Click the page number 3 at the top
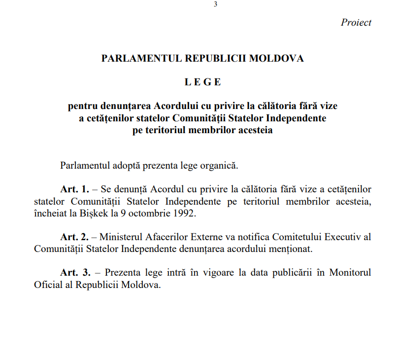click(216, 4)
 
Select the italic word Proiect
click(356, 23)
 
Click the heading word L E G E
click(203, 82)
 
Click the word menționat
click(290, 249)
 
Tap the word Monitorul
click(350, 273)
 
